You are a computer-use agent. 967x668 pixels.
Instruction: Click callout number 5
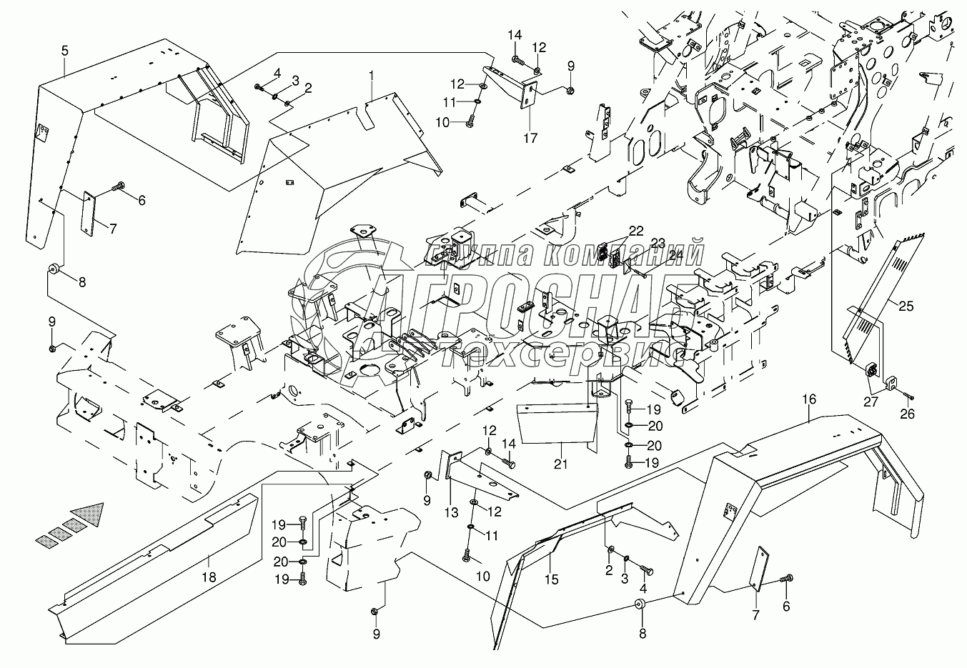64,51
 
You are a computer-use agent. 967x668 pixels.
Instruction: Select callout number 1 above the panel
372,74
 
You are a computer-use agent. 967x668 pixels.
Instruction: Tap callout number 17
530,139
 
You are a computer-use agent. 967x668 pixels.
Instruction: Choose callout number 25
906,306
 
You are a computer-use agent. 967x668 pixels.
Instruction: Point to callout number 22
635,230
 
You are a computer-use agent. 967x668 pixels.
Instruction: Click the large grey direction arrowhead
90,512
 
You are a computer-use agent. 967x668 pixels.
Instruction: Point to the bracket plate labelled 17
530,96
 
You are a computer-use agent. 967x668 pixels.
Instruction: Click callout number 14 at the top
516,34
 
